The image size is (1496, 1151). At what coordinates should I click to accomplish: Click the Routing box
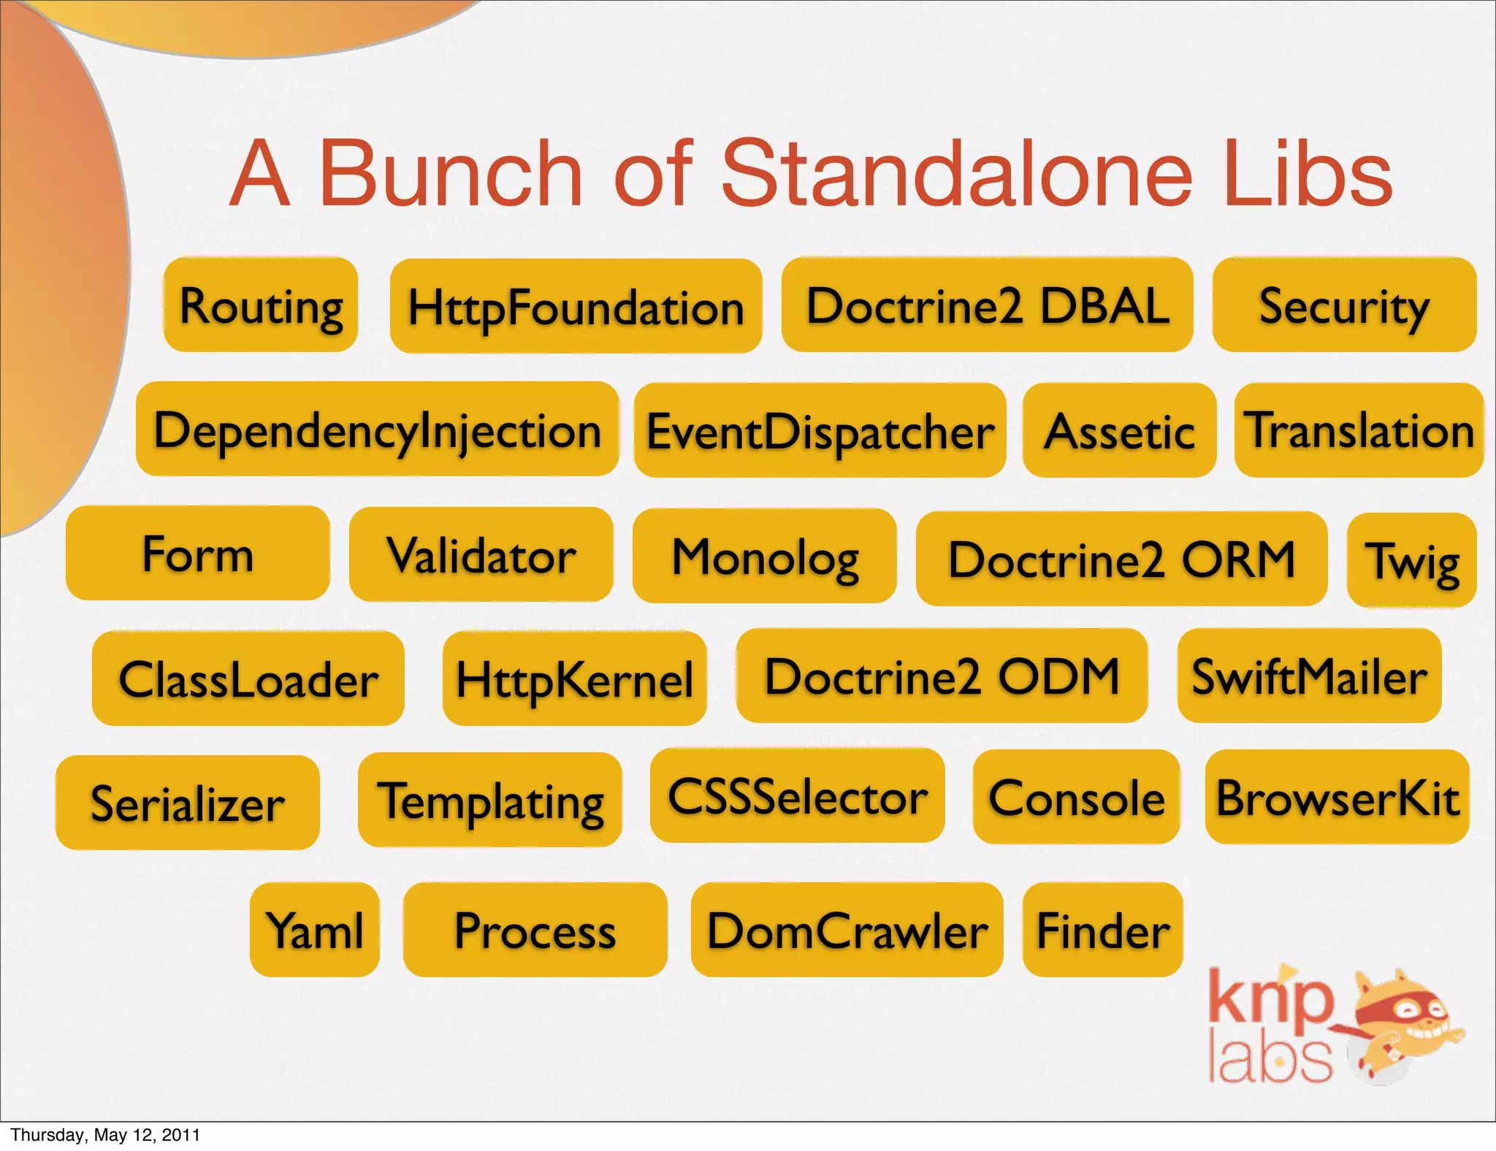(261, 305)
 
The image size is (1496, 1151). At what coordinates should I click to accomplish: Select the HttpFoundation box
(576, 307)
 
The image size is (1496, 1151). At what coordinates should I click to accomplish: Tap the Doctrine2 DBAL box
(987, 305)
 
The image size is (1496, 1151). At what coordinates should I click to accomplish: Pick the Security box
(1344, 305)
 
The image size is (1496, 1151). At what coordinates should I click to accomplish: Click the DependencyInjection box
(377, 429)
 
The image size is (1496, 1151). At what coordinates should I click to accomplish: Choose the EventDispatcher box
(820, 431)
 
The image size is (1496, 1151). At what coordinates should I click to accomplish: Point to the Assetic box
(1119, 431)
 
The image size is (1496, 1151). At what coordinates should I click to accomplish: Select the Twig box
(1411, 561)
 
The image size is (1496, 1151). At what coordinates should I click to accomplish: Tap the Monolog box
(764, 557)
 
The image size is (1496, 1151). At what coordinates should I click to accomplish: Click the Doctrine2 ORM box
(1121, 559)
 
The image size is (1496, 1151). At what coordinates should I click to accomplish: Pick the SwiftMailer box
(1309, 676)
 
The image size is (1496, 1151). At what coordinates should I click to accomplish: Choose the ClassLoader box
(248, 679)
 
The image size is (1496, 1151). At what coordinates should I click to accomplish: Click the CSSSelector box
(797, 796)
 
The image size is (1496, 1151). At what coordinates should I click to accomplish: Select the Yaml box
(315, 930)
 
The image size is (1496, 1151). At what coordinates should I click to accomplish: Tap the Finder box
(1102, 930)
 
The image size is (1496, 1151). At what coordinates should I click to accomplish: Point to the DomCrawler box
(847, 930)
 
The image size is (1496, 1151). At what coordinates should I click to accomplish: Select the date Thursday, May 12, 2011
(105, 1135)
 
